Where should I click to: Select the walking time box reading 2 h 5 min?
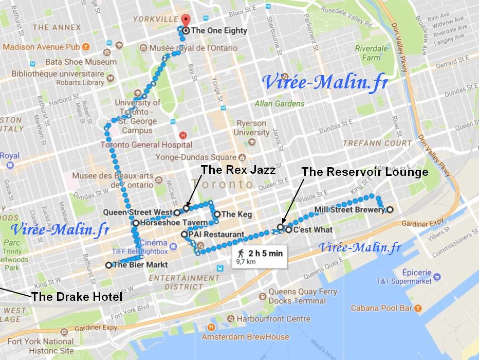[x=259, y=256]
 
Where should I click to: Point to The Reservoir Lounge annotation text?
[x=364, y=172]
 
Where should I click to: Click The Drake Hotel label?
[x=77, y=297]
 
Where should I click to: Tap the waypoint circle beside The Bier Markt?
[x=108, y=265]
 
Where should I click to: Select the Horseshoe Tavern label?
[x=173, y=223]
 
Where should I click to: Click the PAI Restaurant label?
[x=216, y=235]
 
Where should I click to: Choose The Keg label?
[x=236, y=214]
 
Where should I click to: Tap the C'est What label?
[x=312, y=229]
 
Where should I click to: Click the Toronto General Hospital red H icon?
[x=182, y=135]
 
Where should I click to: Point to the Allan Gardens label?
[x=280, y=103]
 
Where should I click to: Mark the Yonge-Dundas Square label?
[x=193, y=157]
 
